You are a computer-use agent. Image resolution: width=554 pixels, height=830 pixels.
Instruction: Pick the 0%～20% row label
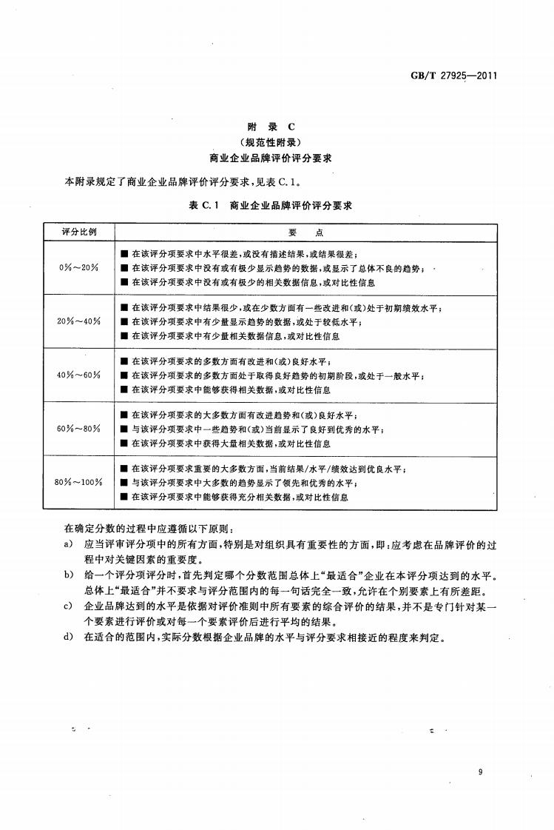pos(78,267)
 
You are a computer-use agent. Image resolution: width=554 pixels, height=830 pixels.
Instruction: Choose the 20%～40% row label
pos(78,321)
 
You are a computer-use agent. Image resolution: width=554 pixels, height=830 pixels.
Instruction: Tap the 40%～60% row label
pos(78,375)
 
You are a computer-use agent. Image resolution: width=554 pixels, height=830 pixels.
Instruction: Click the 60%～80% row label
pos(78,429)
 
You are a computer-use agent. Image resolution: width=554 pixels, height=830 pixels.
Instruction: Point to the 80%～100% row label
pos(78,483)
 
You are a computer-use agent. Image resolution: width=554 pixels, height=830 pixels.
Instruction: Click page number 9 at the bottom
pos(480,773)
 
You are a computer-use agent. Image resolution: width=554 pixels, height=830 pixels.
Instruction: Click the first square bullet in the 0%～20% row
pos(124,253)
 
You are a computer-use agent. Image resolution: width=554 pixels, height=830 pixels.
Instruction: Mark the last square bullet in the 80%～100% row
pos(124,498)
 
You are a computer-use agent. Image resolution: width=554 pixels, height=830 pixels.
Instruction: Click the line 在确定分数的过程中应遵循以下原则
pos(149,529)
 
